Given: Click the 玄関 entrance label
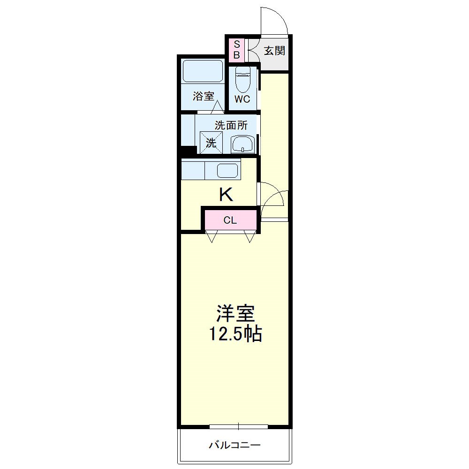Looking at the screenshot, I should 274,51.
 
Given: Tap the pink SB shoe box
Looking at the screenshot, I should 237,50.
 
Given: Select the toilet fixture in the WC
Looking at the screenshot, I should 242,80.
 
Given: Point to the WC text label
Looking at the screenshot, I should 242,99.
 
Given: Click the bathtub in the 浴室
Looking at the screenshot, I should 202,71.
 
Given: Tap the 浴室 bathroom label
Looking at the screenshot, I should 204,97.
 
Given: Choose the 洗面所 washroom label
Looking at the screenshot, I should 231,126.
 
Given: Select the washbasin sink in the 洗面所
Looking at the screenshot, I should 242,144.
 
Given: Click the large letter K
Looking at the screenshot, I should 226,194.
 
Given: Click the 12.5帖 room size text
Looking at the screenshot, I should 235,334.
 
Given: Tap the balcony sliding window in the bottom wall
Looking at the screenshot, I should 239,426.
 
